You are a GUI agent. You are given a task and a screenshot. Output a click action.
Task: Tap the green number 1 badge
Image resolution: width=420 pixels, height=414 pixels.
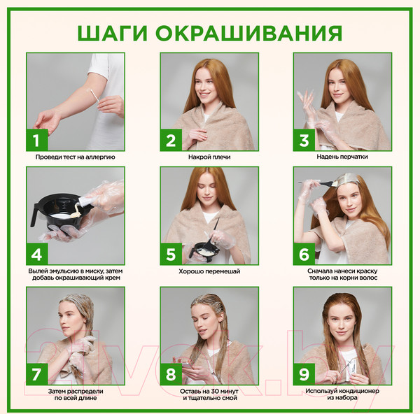coord(36,140)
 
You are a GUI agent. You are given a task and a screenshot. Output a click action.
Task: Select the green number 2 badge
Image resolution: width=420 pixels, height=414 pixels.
coord(170,140)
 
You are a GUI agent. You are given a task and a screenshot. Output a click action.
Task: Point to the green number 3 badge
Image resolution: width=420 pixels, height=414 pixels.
coord(304,140)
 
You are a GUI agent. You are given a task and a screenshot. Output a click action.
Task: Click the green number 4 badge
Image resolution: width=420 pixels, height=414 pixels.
coord(36,254)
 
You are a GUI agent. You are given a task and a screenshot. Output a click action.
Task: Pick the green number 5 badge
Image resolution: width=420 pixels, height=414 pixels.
coord(170,254)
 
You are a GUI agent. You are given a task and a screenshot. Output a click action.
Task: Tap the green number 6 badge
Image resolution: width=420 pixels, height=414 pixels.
coord(304,254)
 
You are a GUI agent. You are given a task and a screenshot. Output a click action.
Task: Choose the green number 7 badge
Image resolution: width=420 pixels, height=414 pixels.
coord(36,373)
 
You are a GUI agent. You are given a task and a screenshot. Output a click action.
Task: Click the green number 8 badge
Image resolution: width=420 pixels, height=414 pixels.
coord(170,373)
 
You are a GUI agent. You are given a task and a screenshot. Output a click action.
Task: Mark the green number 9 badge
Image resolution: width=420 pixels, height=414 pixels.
coord(304,373)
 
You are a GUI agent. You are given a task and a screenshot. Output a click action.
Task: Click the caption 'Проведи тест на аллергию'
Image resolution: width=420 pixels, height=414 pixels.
coord(76,157)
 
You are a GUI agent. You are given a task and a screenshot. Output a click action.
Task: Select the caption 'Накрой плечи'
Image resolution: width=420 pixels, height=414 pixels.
coord(209,157)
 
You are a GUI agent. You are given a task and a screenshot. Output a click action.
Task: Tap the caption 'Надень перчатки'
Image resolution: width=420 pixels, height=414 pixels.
coord(343,157)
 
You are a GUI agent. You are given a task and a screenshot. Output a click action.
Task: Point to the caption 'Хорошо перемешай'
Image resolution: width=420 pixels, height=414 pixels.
coord(209,271)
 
